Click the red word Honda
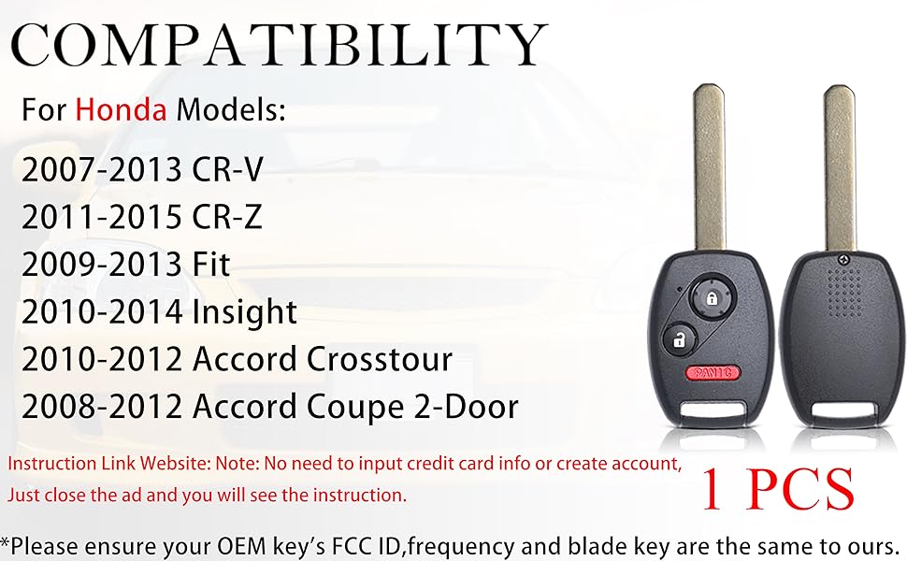122,110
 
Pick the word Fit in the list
210,265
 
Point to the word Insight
245,311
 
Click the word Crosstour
382,359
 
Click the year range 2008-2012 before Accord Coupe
101,407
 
